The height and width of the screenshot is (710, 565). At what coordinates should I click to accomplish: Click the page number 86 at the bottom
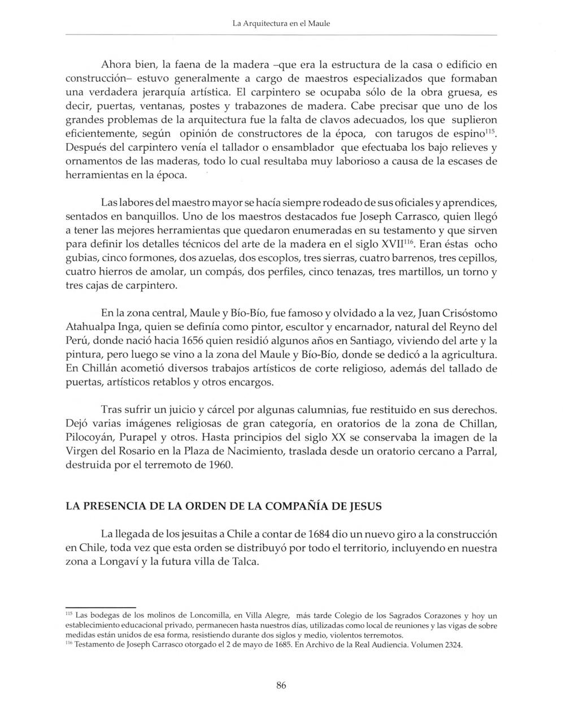(x=281, y=686)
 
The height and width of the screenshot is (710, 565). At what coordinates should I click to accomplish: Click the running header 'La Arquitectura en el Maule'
(x=281, y=24)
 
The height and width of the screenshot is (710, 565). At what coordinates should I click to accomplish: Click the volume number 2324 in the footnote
(x=451, y=645)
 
